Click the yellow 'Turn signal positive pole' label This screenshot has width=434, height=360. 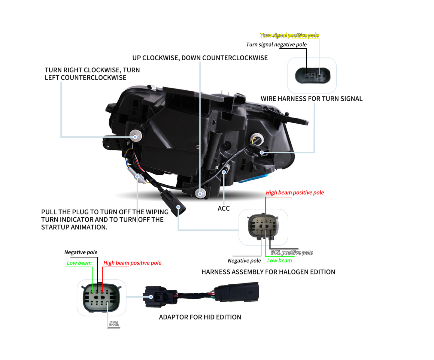pyautogui.click(x=289, y=35)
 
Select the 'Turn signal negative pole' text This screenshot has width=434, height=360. pyautogui.click(x=276, y=45)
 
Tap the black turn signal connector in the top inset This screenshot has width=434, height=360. pyautogui.click(x=312, y=75)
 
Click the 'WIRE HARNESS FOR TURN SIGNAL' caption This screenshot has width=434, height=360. pyautogui.click(x=311, y=99)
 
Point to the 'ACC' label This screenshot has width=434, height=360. pyautogui.click(x=223, y=208)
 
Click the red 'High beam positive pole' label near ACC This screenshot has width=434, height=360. pyautogui.click(x=295, y=192)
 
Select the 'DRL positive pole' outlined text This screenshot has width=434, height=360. pyautogui.click(x=292, y=253)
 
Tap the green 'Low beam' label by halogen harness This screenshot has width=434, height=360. pyautogui.click(x=279, y=261)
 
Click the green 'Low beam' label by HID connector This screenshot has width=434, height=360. pyautogui.click(x=79, y=263)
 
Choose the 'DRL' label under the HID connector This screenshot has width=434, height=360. pyautogui.click(x=114, y=324)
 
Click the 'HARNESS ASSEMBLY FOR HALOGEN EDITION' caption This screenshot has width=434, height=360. pyautogui.click(x=268, y=272)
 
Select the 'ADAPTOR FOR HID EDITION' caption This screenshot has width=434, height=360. pyautogui.click(x=200, y=317)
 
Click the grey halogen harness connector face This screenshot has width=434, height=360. pyautogui.click(x=263, y=227)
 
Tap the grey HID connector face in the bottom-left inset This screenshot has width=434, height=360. pyautogui.click(x=101, y=298)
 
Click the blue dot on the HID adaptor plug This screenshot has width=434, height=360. pyautogui.click(x=151, y=297)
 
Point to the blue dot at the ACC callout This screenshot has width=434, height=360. pyautogui.click(x=224, y=172)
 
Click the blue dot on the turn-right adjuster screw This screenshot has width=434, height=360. pyautogui.click(x=135, y=137)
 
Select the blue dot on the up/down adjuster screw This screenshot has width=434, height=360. pyautogui.click(x=200, y=194)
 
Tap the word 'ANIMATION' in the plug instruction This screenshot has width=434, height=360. pyautogui.click(x=93, y=227)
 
